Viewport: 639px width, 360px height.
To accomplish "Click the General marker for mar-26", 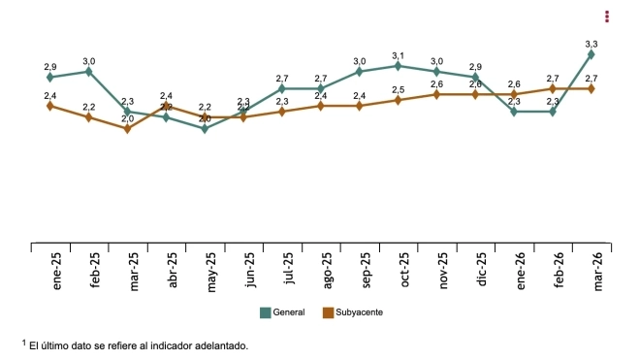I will pyautogui.click(x=591, y=54).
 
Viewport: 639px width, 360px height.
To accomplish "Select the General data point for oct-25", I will pyautogui.click(x=398, y=66).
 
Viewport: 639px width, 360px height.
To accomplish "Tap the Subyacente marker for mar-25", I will pyautogui.click(x=127, y=128).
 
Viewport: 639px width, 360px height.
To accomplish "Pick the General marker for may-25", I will pyautogui.click(x=205, y=128).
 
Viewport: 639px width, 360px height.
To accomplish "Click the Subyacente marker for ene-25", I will pyautogui.click(x=50, y=106).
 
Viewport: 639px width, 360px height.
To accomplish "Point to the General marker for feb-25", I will pyautogui.click(x=88, y=71).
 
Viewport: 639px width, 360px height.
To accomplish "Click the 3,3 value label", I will pyautogui.click(x=591, y=44).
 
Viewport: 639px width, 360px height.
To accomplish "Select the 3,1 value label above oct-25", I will pyautogui.click(x=398, y=55).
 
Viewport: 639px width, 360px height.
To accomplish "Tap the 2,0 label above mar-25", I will pyautogui.click(x=127, y=118).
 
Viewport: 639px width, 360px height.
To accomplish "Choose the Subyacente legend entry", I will pyautogui.click(x=352, y=312).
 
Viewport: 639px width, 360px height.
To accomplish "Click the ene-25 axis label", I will pyautogui.click(x=57, y=272).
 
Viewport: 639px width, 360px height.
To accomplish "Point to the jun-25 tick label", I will pyautogui.click(x=250, y=272).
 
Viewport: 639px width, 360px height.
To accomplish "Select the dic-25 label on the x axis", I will pyautogui.click(x=483, y=272).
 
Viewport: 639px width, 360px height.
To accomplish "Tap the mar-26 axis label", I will pyautogui.click(x=598, y=272).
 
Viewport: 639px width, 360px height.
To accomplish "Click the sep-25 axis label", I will pyautogui.click(x=367, y=272).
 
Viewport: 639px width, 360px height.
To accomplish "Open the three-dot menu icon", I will pyautogui.click(x=607, y=16).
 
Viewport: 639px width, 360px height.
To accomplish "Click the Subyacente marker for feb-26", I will pyautogui.click(x=553, y=88).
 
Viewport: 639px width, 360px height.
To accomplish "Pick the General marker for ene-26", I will pyautogui.click(x=514, y=112).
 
